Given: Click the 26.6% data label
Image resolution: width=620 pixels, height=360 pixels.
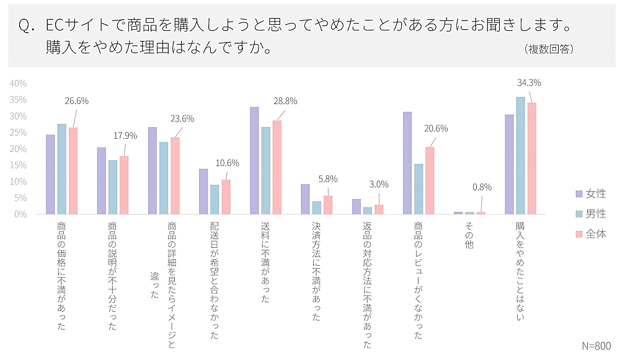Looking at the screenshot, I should coord(76,101).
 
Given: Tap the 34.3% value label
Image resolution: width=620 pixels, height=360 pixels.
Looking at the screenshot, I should coord(529,82).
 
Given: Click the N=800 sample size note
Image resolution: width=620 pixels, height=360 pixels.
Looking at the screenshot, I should coord(596,346).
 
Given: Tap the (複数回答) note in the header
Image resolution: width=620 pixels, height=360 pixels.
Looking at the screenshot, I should coord(548,49).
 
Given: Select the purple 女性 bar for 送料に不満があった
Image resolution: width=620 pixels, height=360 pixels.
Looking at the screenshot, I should coord(254,160).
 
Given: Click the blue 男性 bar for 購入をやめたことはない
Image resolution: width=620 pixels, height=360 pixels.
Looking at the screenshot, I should coord(520,156).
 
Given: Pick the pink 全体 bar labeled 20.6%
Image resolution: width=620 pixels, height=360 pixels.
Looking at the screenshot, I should coord(430,180).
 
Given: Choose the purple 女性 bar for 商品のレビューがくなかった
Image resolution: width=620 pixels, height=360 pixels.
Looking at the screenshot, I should coord(407,163).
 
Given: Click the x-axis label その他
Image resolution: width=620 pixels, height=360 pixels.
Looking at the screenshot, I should coord(468,236).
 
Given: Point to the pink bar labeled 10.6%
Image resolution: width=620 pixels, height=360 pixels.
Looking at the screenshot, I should coord(226,197).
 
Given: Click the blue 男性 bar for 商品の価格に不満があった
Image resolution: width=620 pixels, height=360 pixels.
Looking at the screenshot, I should coord(62,169).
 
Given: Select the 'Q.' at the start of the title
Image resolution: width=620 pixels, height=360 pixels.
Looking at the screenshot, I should coord(25,27).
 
